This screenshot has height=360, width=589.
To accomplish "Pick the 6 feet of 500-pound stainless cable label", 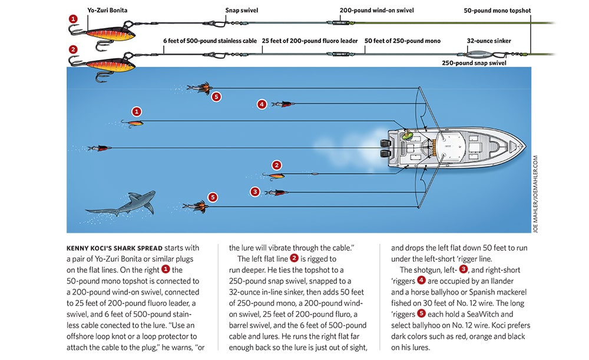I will [x=209, y=41].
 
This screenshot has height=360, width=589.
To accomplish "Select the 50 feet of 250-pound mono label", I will [x=402, y=41].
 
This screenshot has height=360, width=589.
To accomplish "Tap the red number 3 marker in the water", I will [x=255, y=191].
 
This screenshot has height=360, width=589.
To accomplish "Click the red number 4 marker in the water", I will [x=262, y=104].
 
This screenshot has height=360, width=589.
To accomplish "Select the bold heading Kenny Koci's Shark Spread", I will [x=115, y=248].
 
